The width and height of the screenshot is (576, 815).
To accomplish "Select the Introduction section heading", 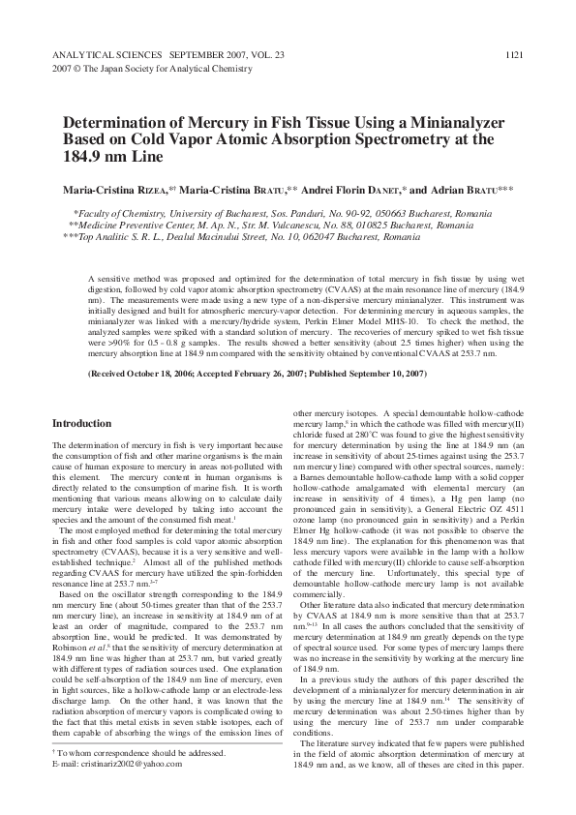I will click(x=81, y=424).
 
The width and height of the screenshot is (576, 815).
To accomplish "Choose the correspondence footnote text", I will click(x=145, y=779).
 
